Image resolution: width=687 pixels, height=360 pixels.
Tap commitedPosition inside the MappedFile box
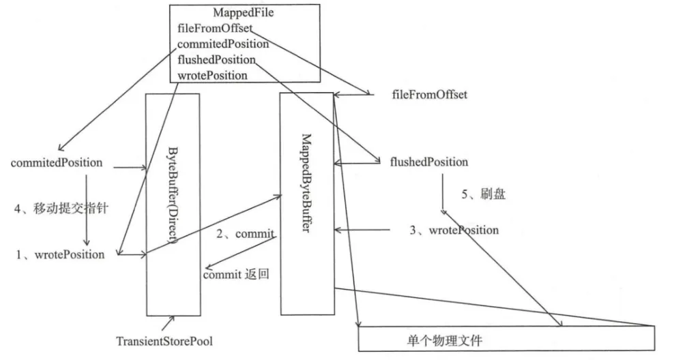pyautogui.click(x=222, y=44)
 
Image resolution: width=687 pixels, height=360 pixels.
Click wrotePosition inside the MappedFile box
pyautogui.click(x=212, y=75)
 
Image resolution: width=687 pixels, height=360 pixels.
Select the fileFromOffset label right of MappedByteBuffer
pyautogui.click(x=430, y=95)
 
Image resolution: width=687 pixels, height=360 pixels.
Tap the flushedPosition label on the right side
pyautogui.click(x=428, y=162)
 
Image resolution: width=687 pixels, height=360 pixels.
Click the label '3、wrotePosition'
pyautogui.click(x=454, y=230)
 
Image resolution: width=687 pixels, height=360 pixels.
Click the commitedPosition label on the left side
pyautogui.click(x=57, y=163)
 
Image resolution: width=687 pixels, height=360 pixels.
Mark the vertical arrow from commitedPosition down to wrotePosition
pyautogui.click(x=87, y=208)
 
